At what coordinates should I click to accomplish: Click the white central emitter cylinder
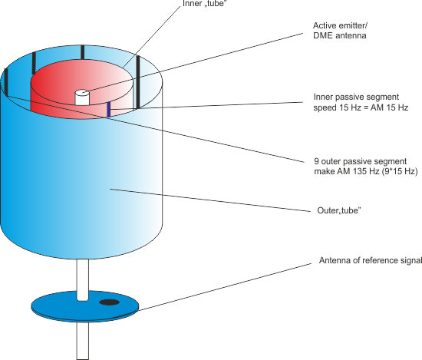[x=82, y=97]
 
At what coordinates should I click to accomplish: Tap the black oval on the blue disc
[x=109, y=302]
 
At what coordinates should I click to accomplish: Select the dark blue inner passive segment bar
[x=109, y=110]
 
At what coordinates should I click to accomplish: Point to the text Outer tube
[x=339, y=210]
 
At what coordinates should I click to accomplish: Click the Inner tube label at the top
[x=204, y=4]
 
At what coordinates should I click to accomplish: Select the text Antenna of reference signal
[x=371, y=260]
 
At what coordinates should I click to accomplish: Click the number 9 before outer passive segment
[x=316, y=161]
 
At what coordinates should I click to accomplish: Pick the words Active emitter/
[x=340, y=25]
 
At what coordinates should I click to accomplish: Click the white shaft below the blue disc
[x=82, y=341]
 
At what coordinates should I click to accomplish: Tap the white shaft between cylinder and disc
[x=82, y=279]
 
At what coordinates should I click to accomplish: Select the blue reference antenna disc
[x=85, y=306]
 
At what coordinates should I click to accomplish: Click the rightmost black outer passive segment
[x=138, y=82]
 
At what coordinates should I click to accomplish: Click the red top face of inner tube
[x=82, y=82]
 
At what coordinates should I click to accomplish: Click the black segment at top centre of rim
[x=82, y=52]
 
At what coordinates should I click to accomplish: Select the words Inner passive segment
[x=356, y=97]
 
